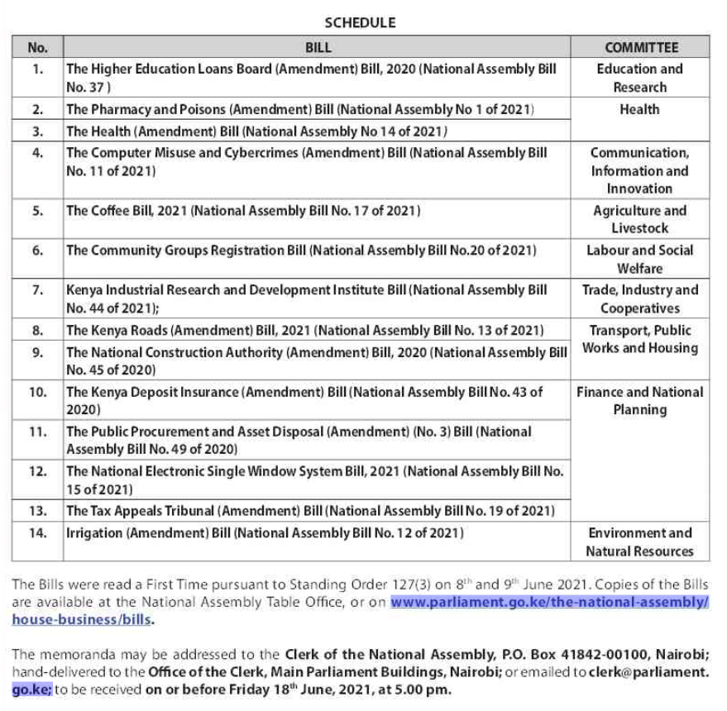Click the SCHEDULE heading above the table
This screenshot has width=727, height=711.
tap(360, 22)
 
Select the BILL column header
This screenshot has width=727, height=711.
tap(318, 48)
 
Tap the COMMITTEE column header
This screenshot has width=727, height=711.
tap(640, 48)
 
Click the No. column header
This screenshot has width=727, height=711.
tap(37, 48)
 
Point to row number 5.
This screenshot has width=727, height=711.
tap(37, 211)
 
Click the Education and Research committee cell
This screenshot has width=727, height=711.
tap(640, 78)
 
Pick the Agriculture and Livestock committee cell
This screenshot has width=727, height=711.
tap(640, 219)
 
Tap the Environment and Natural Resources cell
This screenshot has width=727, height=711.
tap(640, 542)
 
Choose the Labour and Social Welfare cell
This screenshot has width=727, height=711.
tap(640, 259)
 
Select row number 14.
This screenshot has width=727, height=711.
tap(37, 533)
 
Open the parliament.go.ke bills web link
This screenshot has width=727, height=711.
tap(549, 602)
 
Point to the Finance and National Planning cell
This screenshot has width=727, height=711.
tap(640, 400)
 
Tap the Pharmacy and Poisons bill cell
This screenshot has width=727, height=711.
tap(299, 109)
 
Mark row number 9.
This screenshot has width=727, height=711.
tap(37, 352)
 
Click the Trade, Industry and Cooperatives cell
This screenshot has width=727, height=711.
tap(640, 298)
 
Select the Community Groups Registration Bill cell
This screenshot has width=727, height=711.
tap(301, 251)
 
